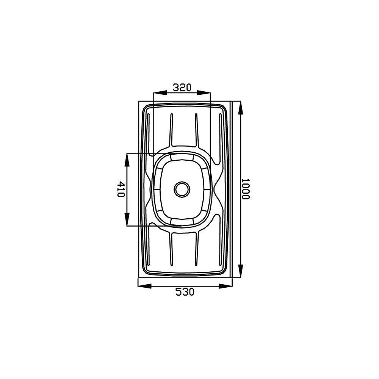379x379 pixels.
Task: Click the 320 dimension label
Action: tap(182, 87)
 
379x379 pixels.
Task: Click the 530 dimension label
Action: tap(185, 292)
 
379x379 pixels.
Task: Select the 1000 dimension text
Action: tap(245, 189)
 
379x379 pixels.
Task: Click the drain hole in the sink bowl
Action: tap(182, 189)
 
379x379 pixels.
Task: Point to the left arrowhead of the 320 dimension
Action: tap(160, 93)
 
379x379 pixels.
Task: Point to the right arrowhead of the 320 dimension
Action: tap(204, 93)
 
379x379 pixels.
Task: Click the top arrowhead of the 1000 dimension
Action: tap(241, 108)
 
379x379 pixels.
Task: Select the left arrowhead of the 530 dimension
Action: tap(144, 286)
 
